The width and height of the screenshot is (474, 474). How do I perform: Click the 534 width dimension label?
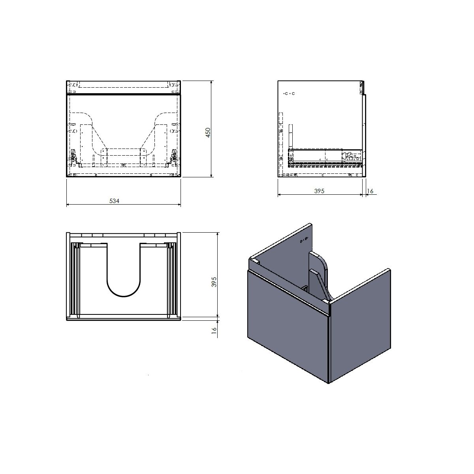[114, 201]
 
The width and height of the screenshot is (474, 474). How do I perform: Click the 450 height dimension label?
[208, 133]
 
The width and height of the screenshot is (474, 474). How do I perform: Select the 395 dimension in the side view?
[319, 191]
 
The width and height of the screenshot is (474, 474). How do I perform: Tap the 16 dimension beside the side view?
[370, 191]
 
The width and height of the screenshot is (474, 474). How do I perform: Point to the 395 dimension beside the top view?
[214, 282]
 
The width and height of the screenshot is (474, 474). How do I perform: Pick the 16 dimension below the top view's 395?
[214, 330]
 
